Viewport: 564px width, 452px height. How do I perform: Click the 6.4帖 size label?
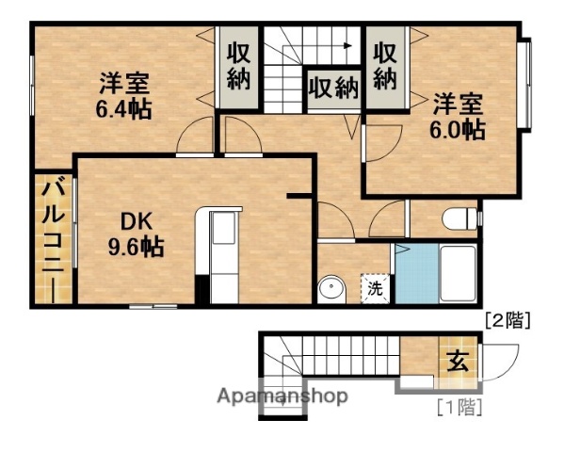(123, 107)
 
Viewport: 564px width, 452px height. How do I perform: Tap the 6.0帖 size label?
(459, 130)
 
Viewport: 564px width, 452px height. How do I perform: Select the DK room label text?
(135, 222)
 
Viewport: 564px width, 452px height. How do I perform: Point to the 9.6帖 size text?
(135, 248)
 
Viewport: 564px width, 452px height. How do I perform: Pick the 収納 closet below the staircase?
(332, 89)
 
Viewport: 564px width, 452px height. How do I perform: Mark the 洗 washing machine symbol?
(375, 287)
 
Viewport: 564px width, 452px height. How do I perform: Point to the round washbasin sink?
(330, 287)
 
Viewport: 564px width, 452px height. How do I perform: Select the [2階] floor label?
(508, 320)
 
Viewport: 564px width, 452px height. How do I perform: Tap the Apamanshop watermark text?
(282, 395)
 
